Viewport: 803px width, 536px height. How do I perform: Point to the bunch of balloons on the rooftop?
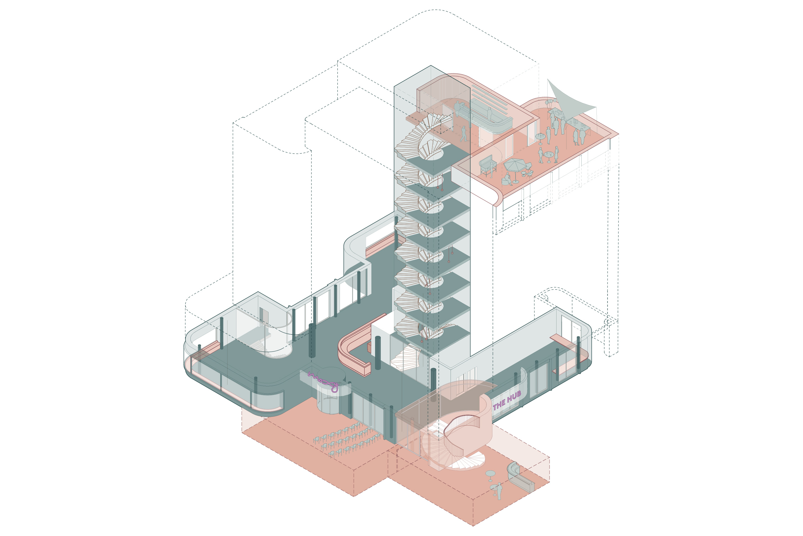pyautogui.click(x=550, y=102)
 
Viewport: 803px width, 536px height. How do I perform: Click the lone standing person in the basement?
pyautogui.click(x=499, y=491)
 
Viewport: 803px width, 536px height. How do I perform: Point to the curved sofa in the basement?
pyautogui.click(x=519, y=477)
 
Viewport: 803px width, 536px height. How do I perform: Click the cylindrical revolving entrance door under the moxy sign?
pyautogui.click(x=330, y=403)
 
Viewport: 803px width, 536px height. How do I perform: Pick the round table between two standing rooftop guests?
pyautogui.click(x=548, y=155)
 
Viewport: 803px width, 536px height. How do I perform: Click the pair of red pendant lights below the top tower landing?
pyautogui.click(x=440, y=186)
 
